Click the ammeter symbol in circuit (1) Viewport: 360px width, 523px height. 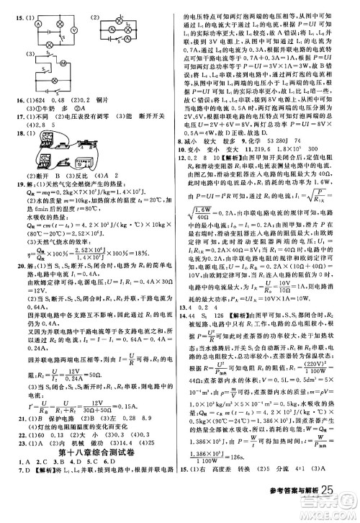(39, 23)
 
